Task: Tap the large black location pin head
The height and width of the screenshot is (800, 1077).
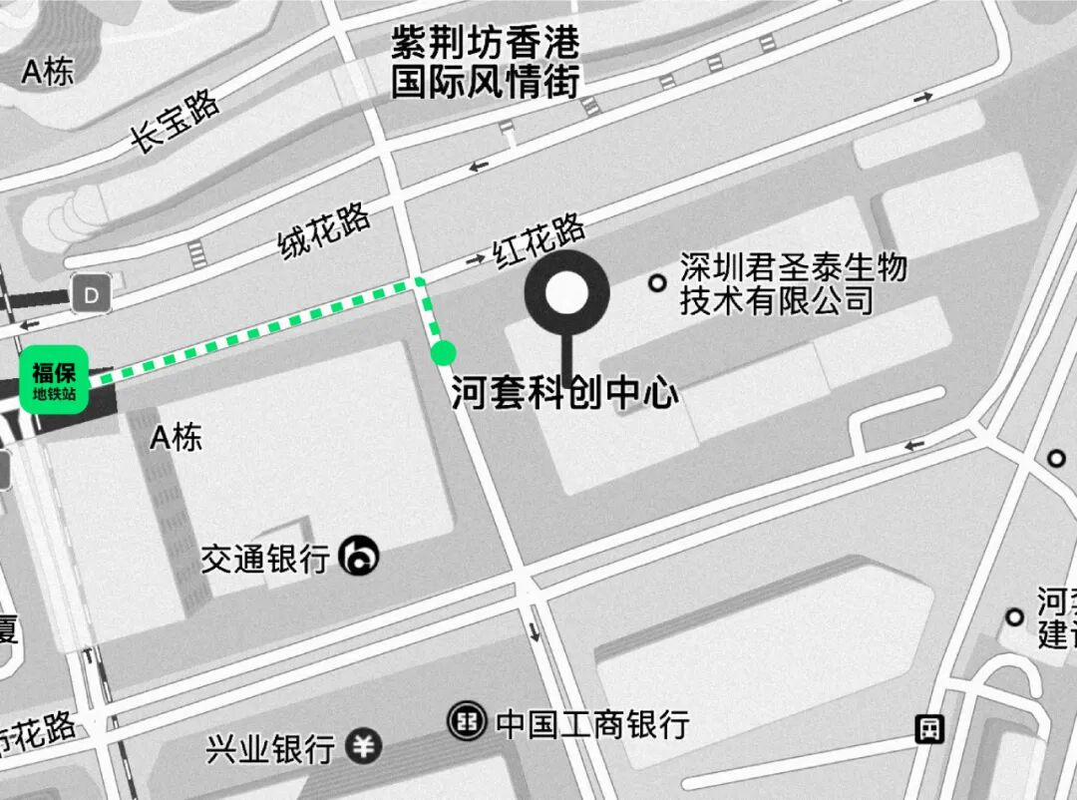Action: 566,292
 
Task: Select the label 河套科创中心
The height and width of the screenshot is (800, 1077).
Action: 564,392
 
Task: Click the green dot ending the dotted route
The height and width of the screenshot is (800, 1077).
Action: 444,352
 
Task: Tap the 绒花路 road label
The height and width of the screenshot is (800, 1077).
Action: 324,230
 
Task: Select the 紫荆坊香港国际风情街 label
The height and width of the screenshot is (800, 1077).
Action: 485,62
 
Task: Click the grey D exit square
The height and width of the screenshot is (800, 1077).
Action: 93,295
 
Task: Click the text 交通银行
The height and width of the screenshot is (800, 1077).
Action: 265,559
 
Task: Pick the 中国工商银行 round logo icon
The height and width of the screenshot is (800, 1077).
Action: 466,720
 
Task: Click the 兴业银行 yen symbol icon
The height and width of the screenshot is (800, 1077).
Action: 364,746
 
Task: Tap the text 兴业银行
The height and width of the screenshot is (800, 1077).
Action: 270,748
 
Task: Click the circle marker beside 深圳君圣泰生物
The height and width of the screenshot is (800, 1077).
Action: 657,283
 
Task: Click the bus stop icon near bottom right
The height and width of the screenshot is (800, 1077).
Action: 929,729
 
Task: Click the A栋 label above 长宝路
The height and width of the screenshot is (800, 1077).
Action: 48,72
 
